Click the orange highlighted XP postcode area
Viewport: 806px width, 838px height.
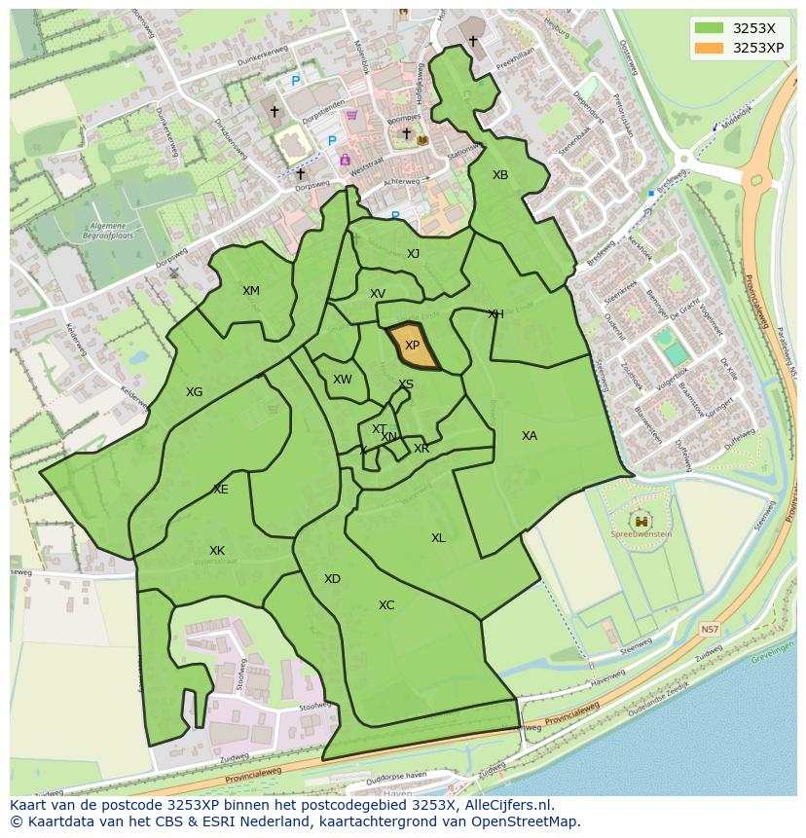[413, 346]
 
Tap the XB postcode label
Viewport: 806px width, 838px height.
[499, 175]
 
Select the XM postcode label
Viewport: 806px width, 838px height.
[251, 291]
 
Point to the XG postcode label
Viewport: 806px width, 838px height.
[195, 392]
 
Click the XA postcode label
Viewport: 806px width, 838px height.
[529, 436]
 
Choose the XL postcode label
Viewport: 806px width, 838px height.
[438, 538]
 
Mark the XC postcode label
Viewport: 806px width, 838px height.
[386, 605]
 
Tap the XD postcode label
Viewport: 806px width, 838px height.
[332, 579]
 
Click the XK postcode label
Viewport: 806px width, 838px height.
[217, 551]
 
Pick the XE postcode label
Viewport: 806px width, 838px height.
[221, 490]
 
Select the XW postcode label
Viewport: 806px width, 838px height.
[342, 381]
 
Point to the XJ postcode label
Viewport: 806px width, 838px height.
[413, 254]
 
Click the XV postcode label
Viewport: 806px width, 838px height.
[378, 294]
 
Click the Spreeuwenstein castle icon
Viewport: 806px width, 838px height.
[641, 521]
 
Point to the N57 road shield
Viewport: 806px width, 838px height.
[710, 630]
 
